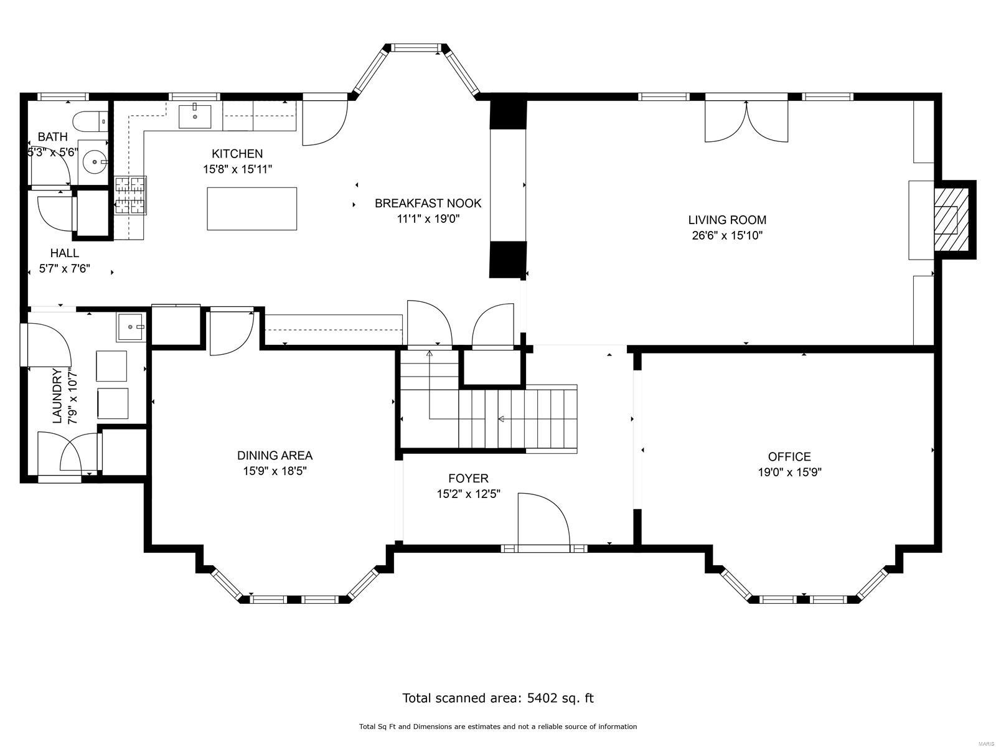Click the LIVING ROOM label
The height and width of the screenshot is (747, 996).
pyautogui.click(x=727, y=220)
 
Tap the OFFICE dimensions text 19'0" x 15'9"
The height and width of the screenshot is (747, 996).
pyautogui.click(x=789, y=472)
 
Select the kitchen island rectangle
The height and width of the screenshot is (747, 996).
pyautogui.click(x=251, y=209)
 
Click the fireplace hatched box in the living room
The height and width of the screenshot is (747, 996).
pyautogui.click(x=951, y=219)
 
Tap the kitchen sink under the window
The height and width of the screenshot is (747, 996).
pyautogui.click(x=195, y=116)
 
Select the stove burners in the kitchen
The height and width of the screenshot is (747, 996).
pyautogui.click(x=130, y=195)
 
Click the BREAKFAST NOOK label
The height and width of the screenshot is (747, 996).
pyautogui.click(x=428, y=203)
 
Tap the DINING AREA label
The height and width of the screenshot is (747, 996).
pyautogui.click(x=275, y=456)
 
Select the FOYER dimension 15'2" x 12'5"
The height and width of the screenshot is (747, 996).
pyautogui.click(x=468, y=494)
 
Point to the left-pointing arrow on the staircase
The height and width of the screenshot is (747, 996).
pyautogui.click(x=501, y=419)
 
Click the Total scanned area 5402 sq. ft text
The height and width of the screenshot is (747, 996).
pyautogui.click(x=498, y=698)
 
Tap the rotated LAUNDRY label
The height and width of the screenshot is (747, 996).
pyautogui.click(x=57, y=396)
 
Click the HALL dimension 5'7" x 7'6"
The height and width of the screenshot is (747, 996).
pyautogui.click(x=64, y=270)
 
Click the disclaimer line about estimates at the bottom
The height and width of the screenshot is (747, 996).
pyautogui.click(x=498, y=726)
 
